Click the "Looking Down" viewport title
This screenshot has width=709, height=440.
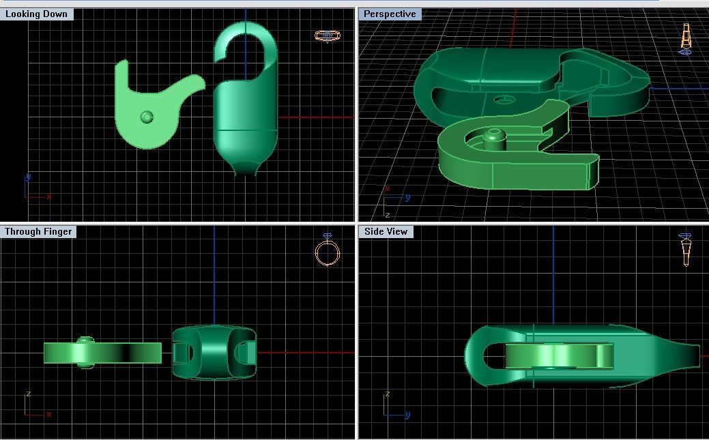click(36, 14)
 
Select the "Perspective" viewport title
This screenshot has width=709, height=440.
click(390, 14)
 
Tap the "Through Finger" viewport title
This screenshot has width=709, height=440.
click(38, 231)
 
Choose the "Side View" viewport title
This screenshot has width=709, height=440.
click(386, 231)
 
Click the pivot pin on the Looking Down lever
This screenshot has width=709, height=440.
click(147, 117)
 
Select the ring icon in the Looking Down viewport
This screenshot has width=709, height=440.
click(327, 35)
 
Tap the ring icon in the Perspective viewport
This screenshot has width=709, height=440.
click(686, 38)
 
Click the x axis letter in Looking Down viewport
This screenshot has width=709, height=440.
click(49, 197)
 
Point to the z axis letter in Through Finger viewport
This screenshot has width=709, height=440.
click(28, 394)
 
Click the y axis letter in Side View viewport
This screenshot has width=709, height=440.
click(407, 415)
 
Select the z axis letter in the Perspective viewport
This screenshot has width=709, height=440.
click(386, 215)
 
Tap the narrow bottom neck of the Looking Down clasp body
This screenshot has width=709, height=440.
click(245, 167)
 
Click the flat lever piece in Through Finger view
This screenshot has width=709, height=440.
click(102, 353)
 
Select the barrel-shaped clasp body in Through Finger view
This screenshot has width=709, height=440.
click(214, 353)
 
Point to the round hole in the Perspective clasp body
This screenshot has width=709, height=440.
click(504, 100)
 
